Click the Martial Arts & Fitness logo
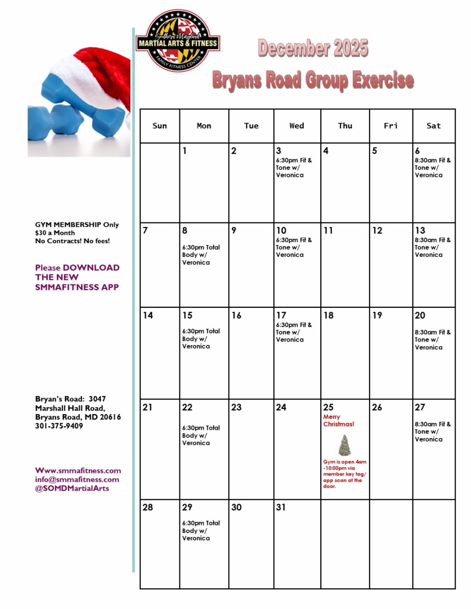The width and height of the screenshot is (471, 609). pyautogui.click(x=177, y=41)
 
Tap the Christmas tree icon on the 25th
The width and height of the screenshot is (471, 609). pyautogui.click(x=345, y=445)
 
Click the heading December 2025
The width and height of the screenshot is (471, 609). pyautogui.click(x=313, y=48)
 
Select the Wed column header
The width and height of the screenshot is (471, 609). pyautogui.click(x=297, y=126)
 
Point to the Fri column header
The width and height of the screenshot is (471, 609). pyautogui.click(x=391, y=126)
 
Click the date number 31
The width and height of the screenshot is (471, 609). pyautogui.click(x=281, y=507)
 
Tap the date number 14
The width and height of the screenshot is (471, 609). pyautogui.click(x=148, y=315)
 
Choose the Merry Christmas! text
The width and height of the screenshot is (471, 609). pyautogui.click(x=338, y=420)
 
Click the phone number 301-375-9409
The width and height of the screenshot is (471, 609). pyautogui.click(x=59, y=426)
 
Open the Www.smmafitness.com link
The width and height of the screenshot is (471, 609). pyautogui.click(x=78, y=471)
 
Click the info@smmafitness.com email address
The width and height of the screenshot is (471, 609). pyautogui.click(x=77, y=479)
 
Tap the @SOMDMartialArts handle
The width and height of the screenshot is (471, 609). pyautogui.click(x=72, y=488)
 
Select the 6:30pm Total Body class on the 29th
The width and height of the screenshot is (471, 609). pyautogui.click(x=201, y=531)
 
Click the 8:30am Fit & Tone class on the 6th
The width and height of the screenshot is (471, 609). pyautogui.click(x=433, y=167)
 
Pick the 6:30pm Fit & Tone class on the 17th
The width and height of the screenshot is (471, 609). pyautogui.click(x=294, y=332)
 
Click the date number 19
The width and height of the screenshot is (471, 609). pyautogui.click(x=377, y=315)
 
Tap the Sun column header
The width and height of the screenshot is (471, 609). pyautogui.click(x=160, y=126)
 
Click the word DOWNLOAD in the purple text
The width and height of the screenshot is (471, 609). pyautogui.click(x=91, y=267)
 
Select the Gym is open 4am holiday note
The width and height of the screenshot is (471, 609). pyautogui.click(x=345, y=474)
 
